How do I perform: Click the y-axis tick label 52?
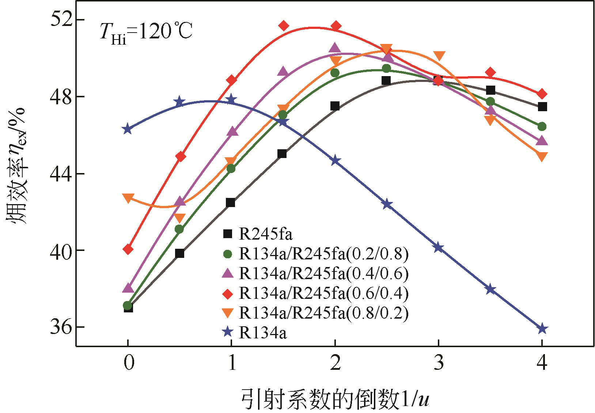[x=61, y=19]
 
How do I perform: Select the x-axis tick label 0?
[x=129, y=363]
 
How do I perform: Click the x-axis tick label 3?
[x=439, y=363]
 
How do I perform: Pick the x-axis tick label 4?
[x=542, y=363]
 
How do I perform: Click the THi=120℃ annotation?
[x=146, y=32]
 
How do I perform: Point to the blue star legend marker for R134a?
[x=228, y=332]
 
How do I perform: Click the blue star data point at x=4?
[x=542, y=328]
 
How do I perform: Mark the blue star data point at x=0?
[x=128, y=129]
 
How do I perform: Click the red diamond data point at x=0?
[x=128, y=249]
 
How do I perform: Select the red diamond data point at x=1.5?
[x=284, y=26]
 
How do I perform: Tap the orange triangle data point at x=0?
[x=128, y=198]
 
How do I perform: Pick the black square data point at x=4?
[x=542, y=107]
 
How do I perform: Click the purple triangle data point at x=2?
[x=335, y=48]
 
